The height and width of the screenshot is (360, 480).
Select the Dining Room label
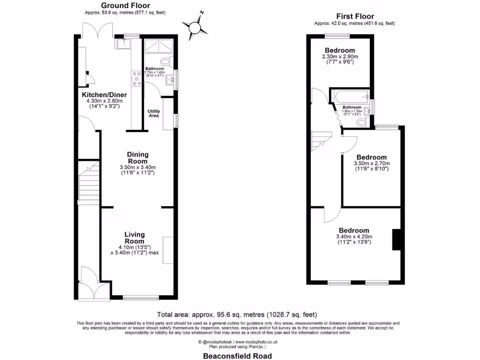point(138,157)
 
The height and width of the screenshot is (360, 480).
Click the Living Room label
point(135,238)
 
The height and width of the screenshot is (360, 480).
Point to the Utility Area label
point(154,113)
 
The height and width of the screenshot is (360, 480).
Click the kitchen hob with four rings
point(137,79)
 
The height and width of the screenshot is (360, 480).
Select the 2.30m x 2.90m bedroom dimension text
point(340,57)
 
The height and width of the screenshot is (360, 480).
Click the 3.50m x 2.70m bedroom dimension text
point(371,164)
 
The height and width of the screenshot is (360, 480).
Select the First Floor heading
point(354,16)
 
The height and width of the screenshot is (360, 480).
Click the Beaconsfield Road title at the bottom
point(237,356)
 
